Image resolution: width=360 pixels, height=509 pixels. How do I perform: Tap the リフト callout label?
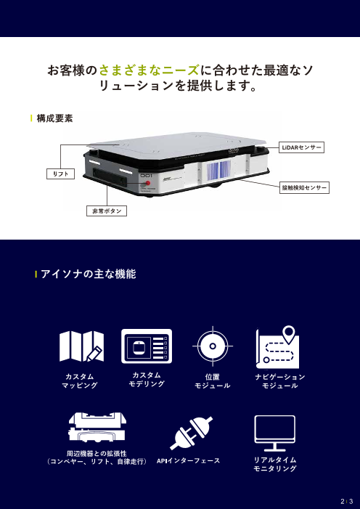(x=56, y=175)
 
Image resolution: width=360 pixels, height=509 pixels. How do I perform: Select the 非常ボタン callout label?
(x=105, y=211)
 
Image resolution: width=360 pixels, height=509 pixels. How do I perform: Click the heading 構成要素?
(x=54, y=118)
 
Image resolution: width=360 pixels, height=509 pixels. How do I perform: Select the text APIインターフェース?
(x=189, y=461)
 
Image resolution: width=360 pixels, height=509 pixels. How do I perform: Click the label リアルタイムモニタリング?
(x=274, y=465)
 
